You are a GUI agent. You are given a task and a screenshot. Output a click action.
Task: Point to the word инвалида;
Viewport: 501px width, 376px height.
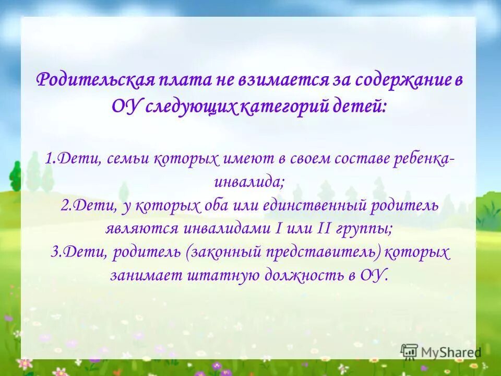point(249,182)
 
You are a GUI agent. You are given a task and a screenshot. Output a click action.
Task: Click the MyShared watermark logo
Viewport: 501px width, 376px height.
point(441,351)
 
